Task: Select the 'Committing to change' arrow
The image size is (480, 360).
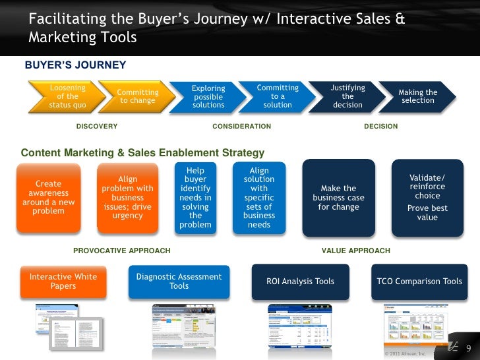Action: pyautogui.click(x=137, y=96)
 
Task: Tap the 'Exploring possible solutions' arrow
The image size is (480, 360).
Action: pyautogui.click(x=208, y=96)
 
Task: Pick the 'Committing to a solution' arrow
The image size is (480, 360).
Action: pyautogui.click(x=278, y=96)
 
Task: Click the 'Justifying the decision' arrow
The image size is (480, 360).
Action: pyautogui.click(x=347, y=96)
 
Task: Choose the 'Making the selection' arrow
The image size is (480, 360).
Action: pyautogui.click(x=417, y=96)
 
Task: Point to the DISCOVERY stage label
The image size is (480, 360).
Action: pyautogui.click(x=97, y=126)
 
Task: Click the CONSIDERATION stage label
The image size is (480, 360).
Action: pyautogui.click(x=241, y=126)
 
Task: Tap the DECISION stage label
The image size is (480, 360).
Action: pyautogui.click(x=380, y=126)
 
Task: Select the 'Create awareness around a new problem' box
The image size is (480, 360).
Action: pyautogui.click(x=49, y=198)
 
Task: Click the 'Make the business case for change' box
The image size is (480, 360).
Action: pyautogui.click(x=338, y=198)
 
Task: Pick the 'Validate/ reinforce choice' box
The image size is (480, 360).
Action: pyautogui.click(x=427, y=198)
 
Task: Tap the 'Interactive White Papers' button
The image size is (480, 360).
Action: pyautogui.click(x=63, y=282)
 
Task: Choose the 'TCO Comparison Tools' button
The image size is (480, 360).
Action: pyautogui.click(x=419, y=282)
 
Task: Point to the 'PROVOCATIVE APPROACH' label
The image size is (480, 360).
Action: pyautogui.click(x=121, y=251)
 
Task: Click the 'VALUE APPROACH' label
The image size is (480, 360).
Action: pyautogui.click(x=355, y=251)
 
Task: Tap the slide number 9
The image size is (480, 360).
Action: pyautogui.click(x=469, y=347)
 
